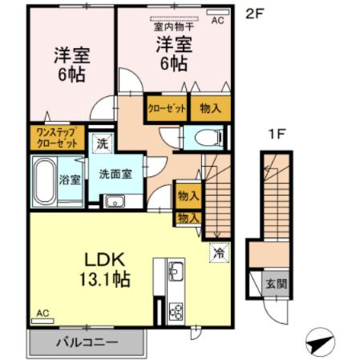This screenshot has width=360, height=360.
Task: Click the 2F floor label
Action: coord(253,13)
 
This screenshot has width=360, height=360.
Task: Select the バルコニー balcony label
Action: coord(87,342)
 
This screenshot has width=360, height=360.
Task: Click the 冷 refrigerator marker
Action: coord(218,253)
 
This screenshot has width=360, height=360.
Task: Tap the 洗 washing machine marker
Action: coord(102,144)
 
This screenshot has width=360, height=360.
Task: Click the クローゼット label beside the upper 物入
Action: coord(166,107)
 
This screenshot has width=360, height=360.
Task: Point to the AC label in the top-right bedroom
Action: coord(217,22)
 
